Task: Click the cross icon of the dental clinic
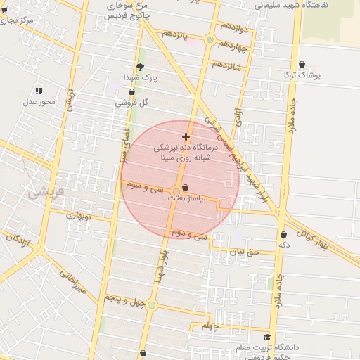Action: pos(186,136)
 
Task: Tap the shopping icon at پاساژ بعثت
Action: pos(185,187)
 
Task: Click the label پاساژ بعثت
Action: pos(185,199)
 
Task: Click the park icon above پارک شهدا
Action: pos(140,66)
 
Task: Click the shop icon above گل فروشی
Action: pos(131,91)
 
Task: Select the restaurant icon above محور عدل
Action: pos(39,90)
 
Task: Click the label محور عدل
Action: pos(39,102)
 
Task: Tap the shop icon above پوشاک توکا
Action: pos(302,65)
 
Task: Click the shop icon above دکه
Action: pos(283,234)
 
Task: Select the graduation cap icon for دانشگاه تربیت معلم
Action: pos(266,337)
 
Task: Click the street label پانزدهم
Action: pos(176,35)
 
